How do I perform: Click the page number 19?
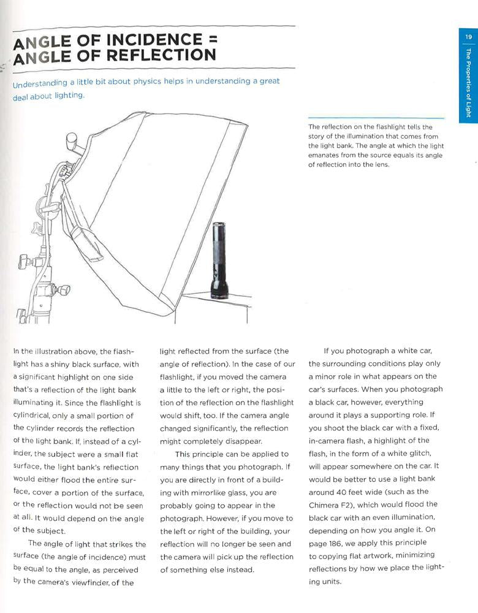point(468,37)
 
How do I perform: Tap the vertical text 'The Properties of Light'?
point(468,83)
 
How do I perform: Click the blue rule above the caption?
point(376,118)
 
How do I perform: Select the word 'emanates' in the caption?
point(323,155)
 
